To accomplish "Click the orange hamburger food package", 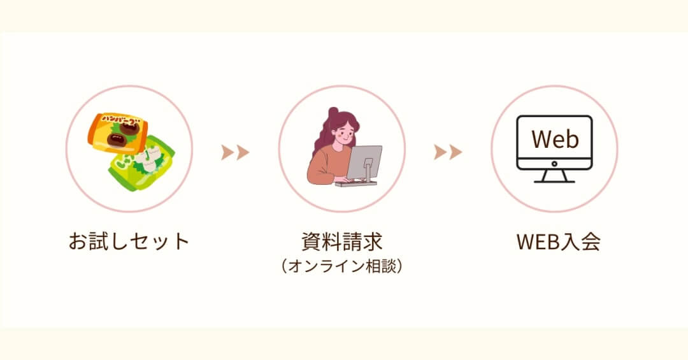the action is tap(118, 133).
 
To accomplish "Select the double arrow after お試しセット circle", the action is tap(235, 152).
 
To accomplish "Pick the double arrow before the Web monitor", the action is tap(448, 152).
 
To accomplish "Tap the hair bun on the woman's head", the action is tap(333, 113).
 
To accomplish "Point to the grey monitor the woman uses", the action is tap(364, 162).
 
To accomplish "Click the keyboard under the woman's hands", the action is tap(355, 184).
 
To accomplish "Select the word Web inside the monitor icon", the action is tap(554, 139).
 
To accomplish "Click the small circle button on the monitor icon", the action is tap(554, 163).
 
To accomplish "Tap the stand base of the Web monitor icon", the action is tap(554, 180).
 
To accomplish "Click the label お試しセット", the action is tap(129, 241).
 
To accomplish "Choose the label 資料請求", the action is tap(341, 241).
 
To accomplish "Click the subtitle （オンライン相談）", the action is tap(341, 266).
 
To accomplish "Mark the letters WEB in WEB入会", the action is tap(538, 241).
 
